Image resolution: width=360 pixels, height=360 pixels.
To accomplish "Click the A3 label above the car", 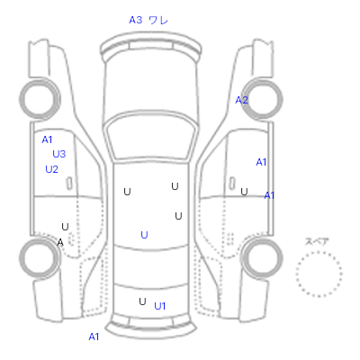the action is [x=135, y=20].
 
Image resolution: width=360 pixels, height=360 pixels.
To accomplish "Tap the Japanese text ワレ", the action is [x=158, y=20].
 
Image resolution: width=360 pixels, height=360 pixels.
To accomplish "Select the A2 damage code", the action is [x=241, y=100].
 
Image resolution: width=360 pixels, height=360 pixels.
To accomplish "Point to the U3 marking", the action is [x=59, y=154].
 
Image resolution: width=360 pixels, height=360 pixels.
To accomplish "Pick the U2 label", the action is [x=51, y=170].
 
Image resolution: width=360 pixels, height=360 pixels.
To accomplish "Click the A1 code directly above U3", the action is [x=47, y=139].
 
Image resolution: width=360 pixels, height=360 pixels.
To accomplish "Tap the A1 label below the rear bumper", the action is [x=94, y=337].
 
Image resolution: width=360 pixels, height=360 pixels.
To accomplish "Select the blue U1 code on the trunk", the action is [x=159, y=306].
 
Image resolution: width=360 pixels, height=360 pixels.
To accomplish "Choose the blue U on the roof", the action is [x=144, y=235].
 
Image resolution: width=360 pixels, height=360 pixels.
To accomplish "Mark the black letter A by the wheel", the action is [x=60, y=242].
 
